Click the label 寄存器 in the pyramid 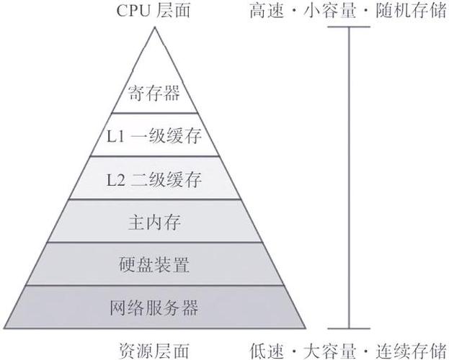154,93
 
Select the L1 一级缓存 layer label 154,135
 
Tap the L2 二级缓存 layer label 154,180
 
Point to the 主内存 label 154,222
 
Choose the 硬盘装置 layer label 154,265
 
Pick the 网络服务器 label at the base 154,307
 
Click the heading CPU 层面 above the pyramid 154,11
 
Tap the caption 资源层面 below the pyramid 154,351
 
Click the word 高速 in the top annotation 267,12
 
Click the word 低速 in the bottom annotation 267,351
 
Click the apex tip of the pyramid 155,27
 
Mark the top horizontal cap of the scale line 349,27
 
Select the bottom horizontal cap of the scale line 349,329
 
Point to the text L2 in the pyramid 116,181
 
